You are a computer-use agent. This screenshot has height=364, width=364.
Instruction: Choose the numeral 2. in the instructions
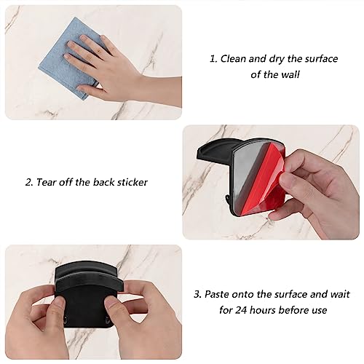(30, 182)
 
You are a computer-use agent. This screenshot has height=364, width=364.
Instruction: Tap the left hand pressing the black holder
(44, 317)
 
